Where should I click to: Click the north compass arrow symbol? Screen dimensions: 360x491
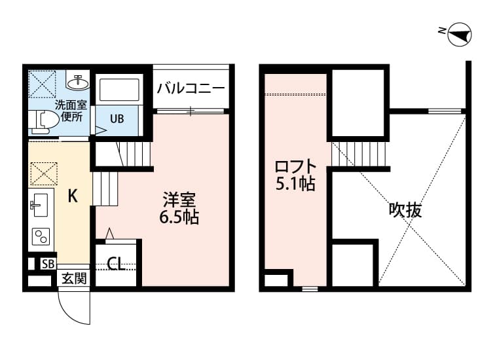[x=460, y=35]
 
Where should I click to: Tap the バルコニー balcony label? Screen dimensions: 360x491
[x=191, y=88]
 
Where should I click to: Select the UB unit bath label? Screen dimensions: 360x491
[x=117, y=118]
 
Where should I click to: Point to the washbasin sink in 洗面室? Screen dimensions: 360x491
[x=79, y=82]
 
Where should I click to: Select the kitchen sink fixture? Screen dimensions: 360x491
[x=40, y=206]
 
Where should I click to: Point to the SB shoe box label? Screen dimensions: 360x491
[x=48, y=264]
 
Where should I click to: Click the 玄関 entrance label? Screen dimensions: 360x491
[x=74, y=278]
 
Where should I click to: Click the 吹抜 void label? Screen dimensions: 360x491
[x=405, y=210]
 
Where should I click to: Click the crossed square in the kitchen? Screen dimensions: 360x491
[x=43, y=173]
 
